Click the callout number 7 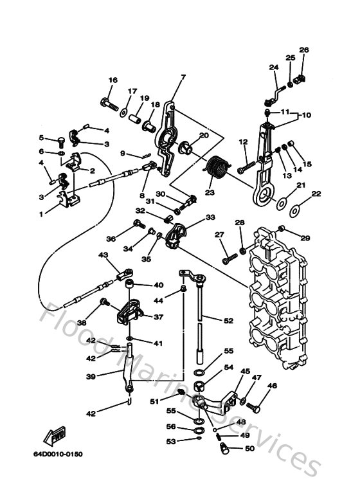click(183, 77)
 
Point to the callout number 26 click(304, 50)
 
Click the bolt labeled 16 click(109, 101)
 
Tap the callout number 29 click(305, 238)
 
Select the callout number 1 click(42, 213)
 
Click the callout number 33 click(210, 217)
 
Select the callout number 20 click(204, 135)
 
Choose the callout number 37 click(157, 316)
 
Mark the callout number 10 click(307, 115)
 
